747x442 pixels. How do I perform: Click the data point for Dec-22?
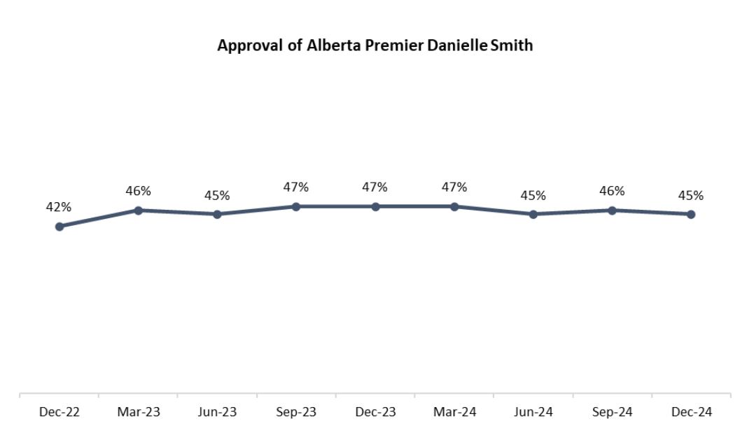pyautogui.click(x=60, y=227)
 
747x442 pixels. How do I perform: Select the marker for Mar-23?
pyautogui.click(x=139, y=211)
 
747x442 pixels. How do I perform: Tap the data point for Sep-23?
pyautogui.click(x=296, y=206)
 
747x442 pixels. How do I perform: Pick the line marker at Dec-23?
pyautogui.click(x=375, y=206)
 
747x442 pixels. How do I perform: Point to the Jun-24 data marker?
pyautogui.click(x=533, y=214)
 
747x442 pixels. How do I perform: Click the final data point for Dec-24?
pyautogui.click(x=691, y=214)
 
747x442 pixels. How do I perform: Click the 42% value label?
pyautogui.click(x=59, y=207)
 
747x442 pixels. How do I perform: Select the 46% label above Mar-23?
pyautogui.click(x=139, y=191)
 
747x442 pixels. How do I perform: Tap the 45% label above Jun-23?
pyautogui.click(x=217, y=195)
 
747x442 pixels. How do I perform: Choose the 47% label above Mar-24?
pyautogui.click(x=454, y=187)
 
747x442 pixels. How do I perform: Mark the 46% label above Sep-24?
pyautogui.click(x=612, y=191)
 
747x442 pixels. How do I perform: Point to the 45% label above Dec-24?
pyautogui.click(x=691, y=195)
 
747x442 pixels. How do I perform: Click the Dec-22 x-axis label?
pyautogui.click(x=60, y=413)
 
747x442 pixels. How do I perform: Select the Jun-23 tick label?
pyautogui.click(x=217, y=413)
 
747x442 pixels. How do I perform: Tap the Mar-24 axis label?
pyautogui.click(x=454, y=413)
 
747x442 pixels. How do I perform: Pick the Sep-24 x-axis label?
pyautogui.click(x=612, y=413)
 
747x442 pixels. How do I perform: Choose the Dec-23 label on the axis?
pyautogui.click(x=375, y=413)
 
